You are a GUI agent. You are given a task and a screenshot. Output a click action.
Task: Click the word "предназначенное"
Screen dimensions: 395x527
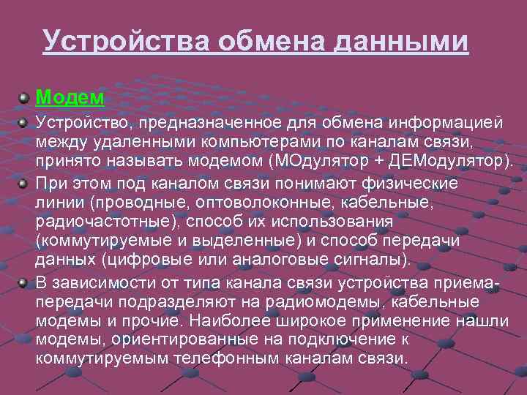pyautogui.click(x=212, y=121)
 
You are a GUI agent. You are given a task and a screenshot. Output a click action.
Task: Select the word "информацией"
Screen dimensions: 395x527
pyautogui.click(x=436, y=121)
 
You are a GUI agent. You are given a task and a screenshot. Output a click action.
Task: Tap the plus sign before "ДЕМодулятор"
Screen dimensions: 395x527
pyautogui.click(x=375, y=161)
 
